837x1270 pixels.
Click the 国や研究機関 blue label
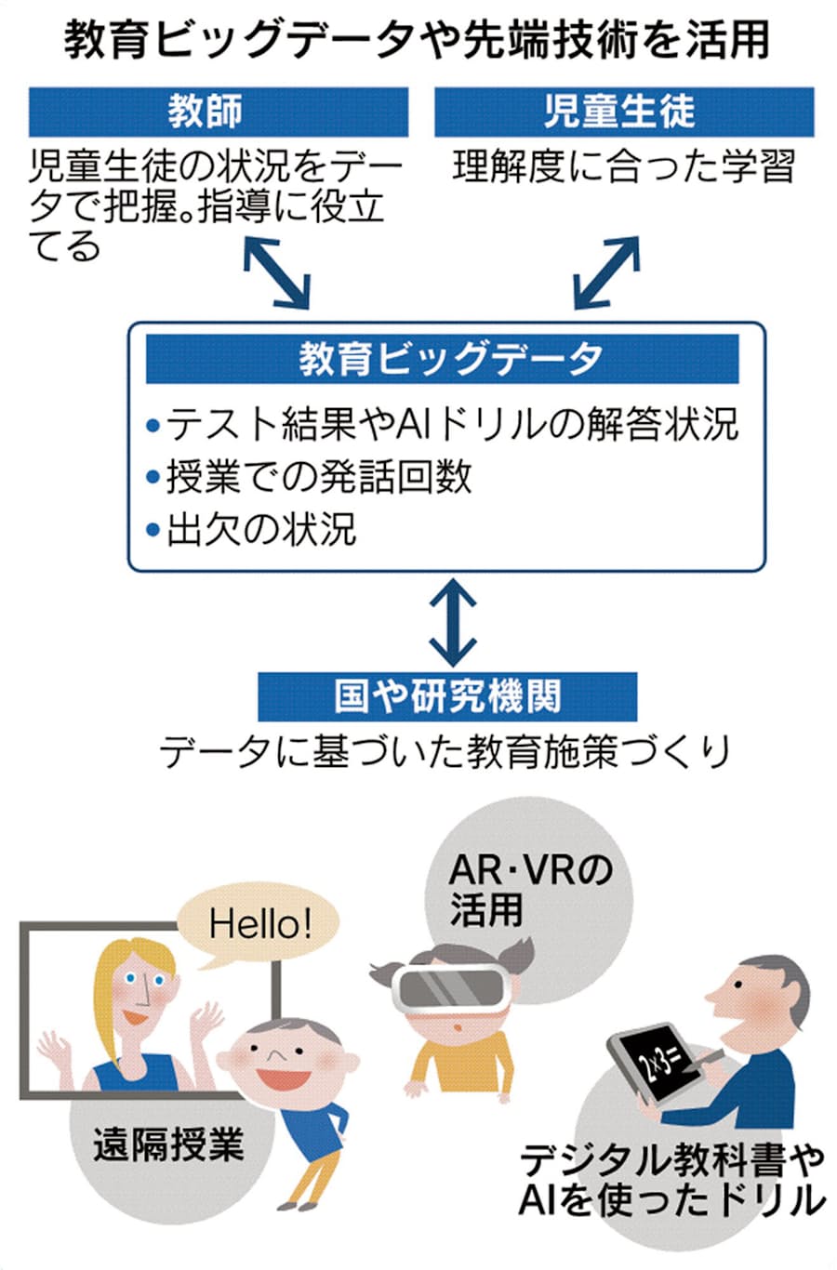pyautogui.click(x=446, y=695)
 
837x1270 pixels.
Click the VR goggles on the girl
pyautogui.click(x=450, y=988)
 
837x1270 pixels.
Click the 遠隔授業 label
pyautogui.click(x=167, y=1144)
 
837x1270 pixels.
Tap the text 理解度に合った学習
pyautogui.click(x=624, y=167)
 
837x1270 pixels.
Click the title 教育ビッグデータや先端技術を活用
pyautogui.click(x=418, y=41)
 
